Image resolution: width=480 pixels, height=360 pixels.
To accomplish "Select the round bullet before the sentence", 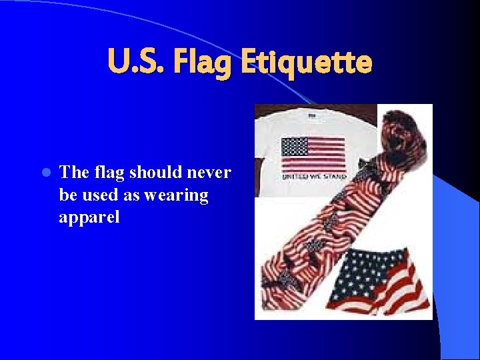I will click(x=45, y=173).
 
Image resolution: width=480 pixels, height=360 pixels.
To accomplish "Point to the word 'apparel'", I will click(x=89, y=217).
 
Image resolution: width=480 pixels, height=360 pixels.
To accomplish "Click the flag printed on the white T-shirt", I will click(x=313, y=155).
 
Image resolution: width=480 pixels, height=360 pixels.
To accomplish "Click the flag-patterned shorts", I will click(x=381, y=280).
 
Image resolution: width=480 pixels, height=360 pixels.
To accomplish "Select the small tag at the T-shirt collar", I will click(x=312, y=115).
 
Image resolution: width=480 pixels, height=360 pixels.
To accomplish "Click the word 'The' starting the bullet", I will click(x=71, y=173).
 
